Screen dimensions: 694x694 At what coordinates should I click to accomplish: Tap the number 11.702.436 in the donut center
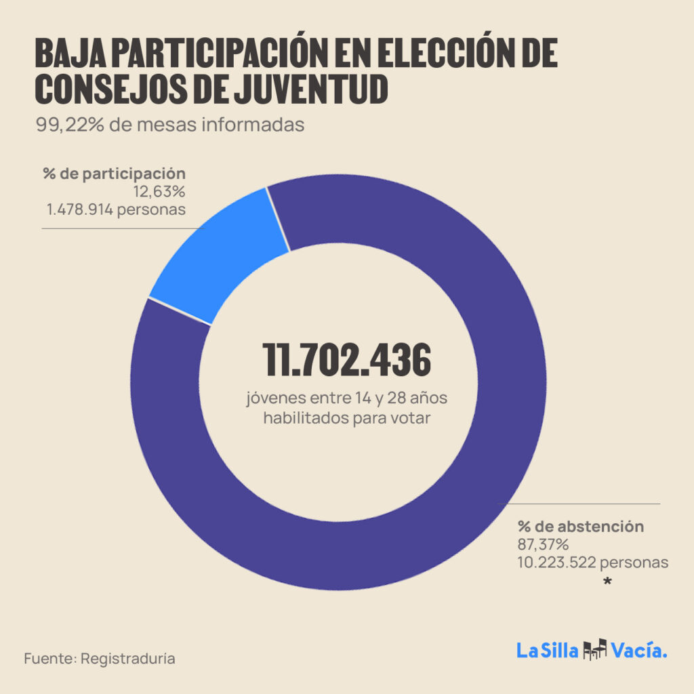pos(347,360)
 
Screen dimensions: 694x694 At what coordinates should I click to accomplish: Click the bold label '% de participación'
pos(114,174)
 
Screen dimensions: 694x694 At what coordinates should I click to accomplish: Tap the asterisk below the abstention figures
pos(607,581)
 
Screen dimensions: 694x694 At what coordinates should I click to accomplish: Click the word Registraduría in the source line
pos(128,658)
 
